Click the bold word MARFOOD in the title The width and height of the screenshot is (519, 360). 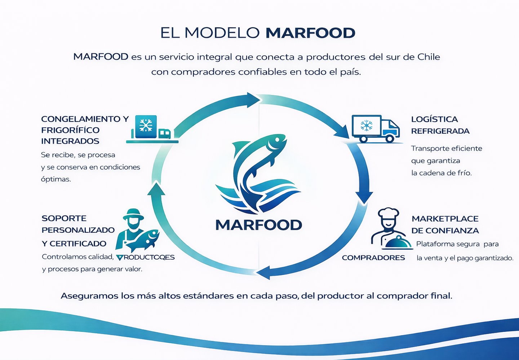310,33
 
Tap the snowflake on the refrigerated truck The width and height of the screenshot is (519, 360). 367,126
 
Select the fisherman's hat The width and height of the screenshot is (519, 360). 133,214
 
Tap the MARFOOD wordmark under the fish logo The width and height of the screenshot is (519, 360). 258,225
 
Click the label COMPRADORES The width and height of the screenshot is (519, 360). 373,258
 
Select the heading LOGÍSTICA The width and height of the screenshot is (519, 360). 434,119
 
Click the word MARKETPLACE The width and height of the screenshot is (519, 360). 445,219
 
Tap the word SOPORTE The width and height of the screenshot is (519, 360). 64,218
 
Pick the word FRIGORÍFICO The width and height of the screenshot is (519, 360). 70,130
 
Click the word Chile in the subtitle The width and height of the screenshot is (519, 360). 429,57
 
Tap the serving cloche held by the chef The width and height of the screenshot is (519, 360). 397,242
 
